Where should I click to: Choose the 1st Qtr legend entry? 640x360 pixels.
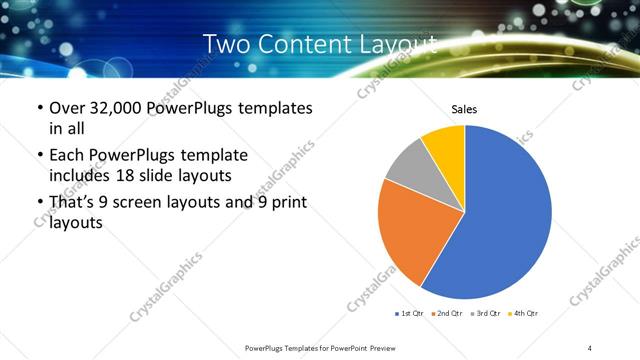(409, 313)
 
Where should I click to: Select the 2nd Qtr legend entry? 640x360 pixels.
(446, 313)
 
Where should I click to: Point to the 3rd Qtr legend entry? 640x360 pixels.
(485, 313)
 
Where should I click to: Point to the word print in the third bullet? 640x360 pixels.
(286, 203)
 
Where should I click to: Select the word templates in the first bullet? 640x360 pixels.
(274, 108)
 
